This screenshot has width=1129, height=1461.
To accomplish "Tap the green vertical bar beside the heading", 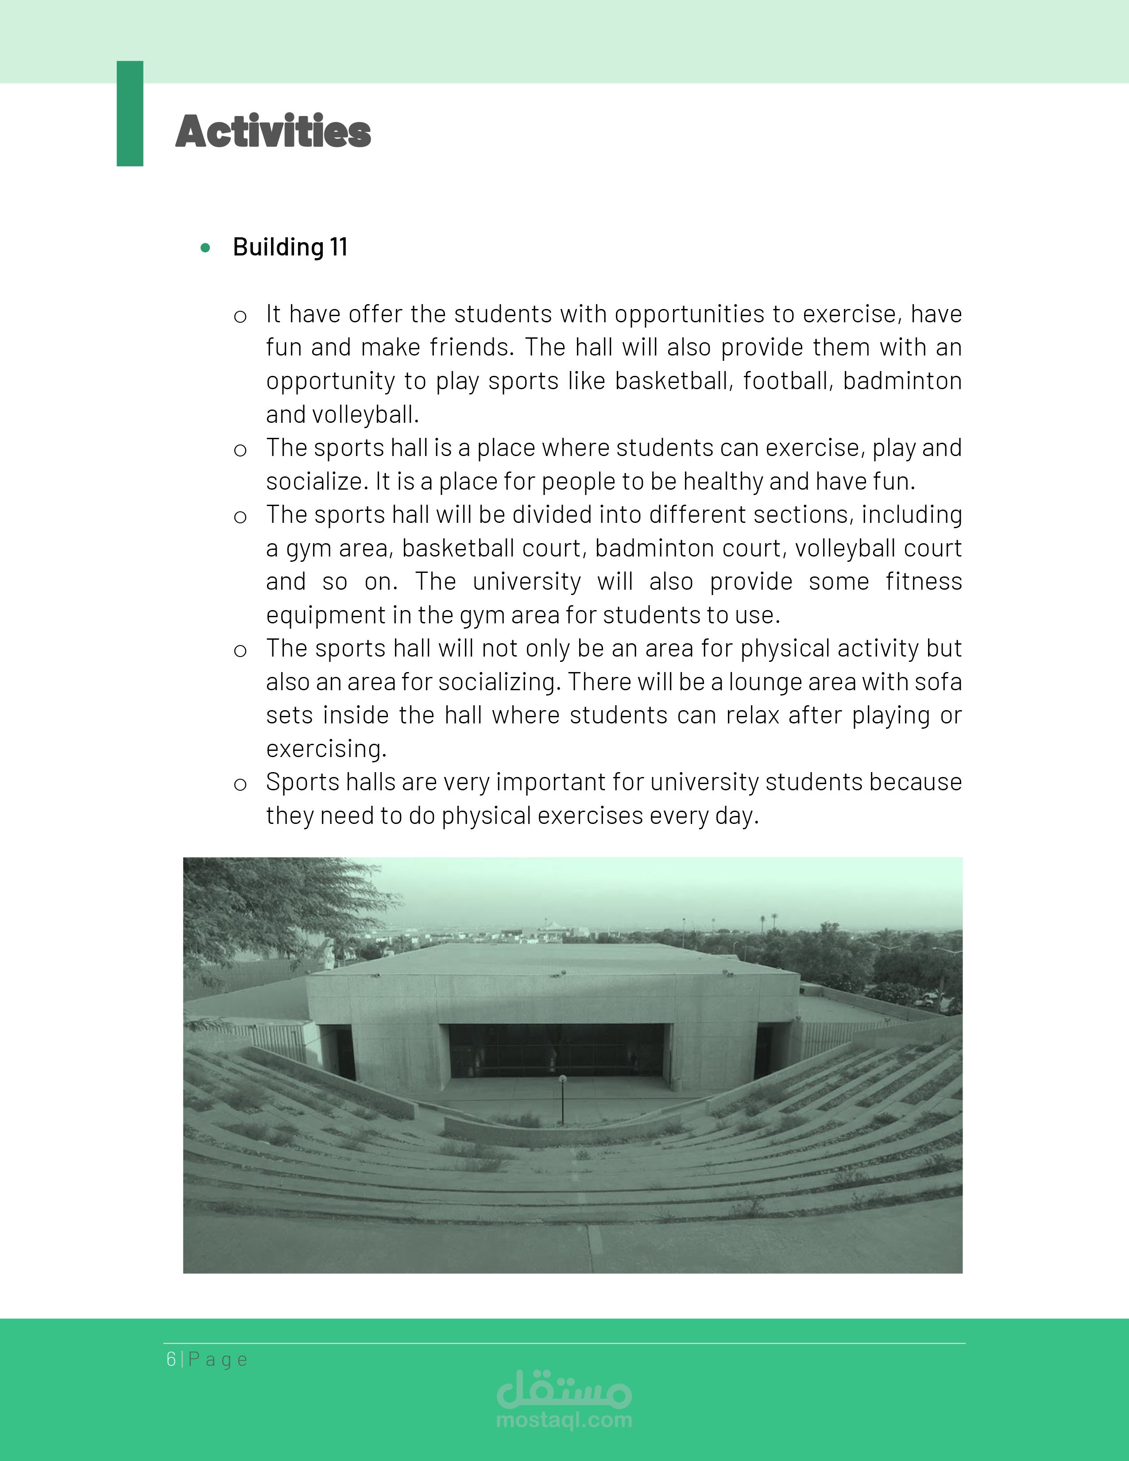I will pyautogui.click(x=130, y=114).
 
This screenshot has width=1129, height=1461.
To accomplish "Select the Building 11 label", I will pyautogui.click(x=290, y=247).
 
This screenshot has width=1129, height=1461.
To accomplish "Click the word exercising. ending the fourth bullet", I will pyautogui.click(x=326, y=749).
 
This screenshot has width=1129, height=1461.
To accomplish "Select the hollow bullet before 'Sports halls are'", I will pyautogui.click(x=240, y=784).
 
